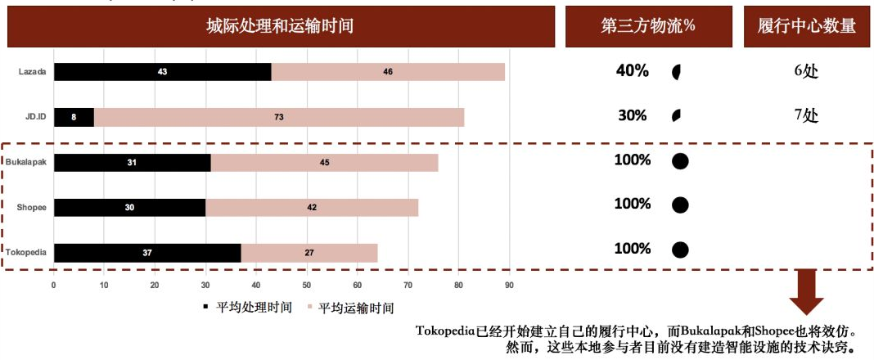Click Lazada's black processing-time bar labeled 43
pyautogui.click(x=162, y=72)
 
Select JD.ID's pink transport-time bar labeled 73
pyautogui.click(x=279, y=117)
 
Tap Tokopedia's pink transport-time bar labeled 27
pyautogui.click(x=309, y=253)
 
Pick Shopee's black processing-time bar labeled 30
pyautogui.click(x=129, y=208)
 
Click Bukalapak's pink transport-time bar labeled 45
pyautogui.click(x=324, y=163)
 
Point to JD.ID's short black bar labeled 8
pyautogui.click(x=74, y=117)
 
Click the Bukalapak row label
pyautogui.click(x=27, y=162)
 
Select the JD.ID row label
pyautogui.click(x=34, y=116)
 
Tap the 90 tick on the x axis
pyautogui.click(x=509, y=285)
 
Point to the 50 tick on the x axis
pyautogui.click(x=306, y=285)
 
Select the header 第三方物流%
pyautogui.click(x=647, y=25)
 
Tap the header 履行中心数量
pyautogui.click(x=807, y=25)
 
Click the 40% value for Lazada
pyautogui.click(x=632, y=71)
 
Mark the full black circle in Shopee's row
pyautogui.click(x=679, y=205)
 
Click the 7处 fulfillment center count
pyautogui.click(x=805, y=115)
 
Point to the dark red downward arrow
pyautogui.click(x=807, y=295)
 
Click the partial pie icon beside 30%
pyautogui.click(x=676, y=115)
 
